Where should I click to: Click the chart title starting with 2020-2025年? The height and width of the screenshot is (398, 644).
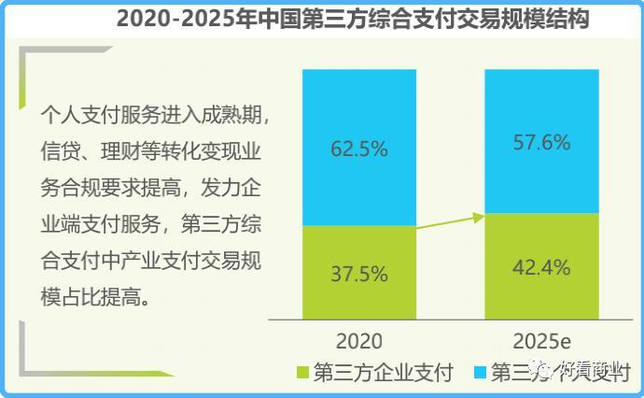pos(353,20)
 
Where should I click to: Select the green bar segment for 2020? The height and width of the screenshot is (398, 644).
pos(358,271)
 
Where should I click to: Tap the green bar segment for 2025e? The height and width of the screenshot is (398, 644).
pos(541,266)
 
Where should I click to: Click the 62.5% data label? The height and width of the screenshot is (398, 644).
pos(359,149)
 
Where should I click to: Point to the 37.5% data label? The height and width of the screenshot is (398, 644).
pos(359,275)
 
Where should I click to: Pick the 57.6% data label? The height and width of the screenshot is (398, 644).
pos(542,141)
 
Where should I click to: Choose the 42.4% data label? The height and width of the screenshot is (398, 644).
pos(542,267)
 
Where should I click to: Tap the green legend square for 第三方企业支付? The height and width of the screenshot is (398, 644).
pos(301,374)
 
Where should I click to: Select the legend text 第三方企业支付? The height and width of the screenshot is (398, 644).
pos(384,374)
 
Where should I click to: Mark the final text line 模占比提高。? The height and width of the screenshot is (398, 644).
pos(102,299)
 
